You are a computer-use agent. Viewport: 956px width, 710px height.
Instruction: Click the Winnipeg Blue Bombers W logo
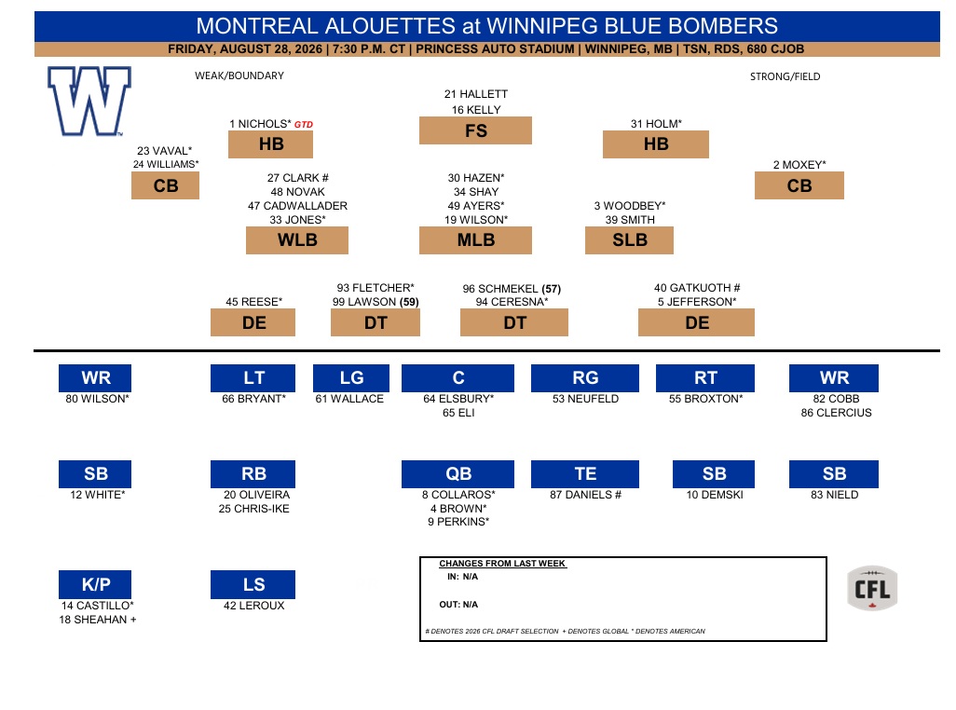(x=89, y=101)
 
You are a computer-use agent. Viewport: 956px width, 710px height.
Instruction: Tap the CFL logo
(x=872, y=588)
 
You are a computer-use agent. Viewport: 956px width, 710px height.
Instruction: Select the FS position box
(x=475, y=130)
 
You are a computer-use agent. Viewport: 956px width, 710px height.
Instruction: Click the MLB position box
(x=475, y=240)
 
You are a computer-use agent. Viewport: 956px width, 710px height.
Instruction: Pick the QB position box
(x=458, y=473)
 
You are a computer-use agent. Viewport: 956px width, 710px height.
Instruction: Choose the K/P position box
(x=95, y=584)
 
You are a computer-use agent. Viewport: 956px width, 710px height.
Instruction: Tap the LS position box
(x=253, y=584)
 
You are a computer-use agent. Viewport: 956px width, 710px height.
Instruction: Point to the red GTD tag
(x=304, y=124)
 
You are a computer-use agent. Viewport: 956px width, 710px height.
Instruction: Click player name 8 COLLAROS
(x=458, y=494)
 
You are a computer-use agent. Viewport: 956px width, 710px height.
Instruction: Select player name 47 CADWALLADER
(x=297, y=206)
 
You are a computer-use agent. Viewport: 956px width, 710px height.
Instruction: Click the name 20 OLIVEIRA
(x=256, y=494)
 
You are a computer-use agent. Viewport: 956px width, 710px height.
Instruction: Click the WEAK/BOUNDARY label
(x=239, y=75)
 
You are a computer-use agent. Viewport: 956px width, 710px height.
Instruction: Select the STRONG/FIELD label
(x=785, y=76)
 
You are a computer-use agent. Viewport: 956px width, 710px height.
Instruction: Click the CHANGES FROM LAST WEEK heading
(x=502, y=564)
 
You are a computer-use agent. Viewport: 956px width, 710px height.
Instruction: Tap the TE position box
(x=585, y=473)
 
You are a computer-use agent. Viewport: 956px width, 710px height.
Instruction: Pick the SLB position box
(x=629, y=240)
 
